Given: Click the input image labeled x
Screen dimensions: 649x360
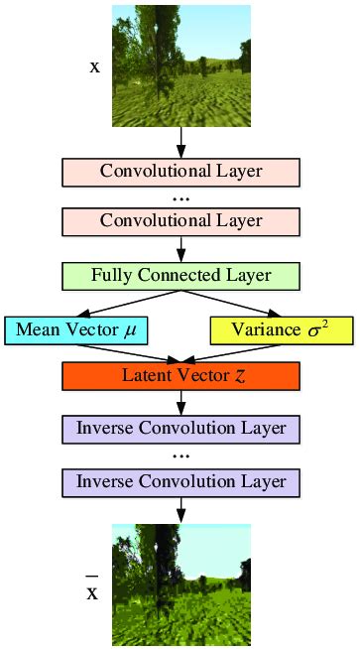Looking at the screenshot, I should (180, 65).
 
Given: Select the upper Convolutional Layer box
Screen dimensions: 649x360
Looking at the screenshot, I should (180, 171).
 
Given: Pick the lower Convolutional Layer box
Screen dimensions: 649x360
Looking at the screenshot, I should (180, 219).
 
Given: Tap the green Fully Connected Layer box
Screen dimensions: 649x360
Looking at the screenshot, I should (180, 274).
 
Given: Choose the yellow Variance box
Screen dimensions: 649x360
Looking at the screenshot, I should (282, 329).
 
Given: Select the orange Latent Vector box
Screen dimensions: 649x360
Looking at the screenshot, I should (180, 375).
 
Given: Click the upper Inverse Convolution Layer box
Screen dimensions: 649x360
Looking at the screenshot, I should (180, 430).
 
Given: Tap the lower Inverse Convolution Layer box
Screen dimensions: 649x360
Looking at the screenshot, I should (180, 481).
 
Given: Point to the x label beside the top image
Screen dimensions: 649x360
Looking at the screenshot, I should (95, 70).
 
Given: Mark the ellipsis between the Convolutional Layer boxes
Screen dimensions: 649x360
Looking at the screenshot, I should (180, 196).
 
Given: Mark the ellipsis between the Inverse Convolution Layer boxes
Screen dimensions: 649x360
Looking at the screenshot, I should (180, 456).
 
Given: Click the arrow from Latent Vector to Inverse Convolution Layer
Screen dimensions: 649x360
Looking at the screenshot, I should (180, 403).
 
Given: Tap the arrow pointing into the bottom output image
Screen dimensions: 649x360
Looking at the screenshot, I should (180, 510).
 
